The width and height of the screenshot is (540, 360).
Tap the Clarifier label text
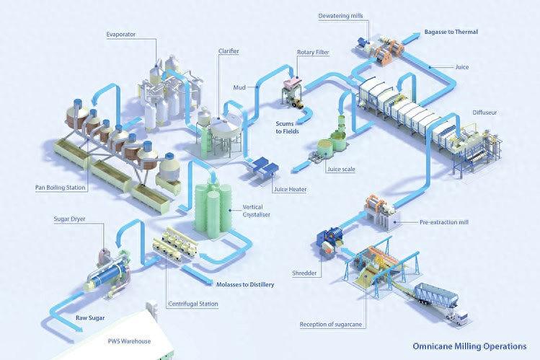[x=230, y=52]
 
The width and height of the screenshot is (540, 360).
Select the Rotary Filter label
[x=312, y=53]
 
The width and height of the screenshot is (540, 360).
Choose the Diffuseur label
[x=484, y=113]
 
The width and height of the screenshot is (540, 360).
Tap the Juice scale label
[x=342, y=170]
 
